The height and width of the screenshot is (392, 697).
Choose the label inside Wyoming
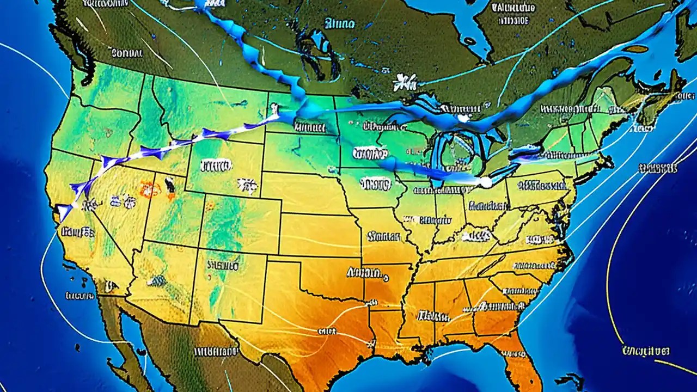(216, 165)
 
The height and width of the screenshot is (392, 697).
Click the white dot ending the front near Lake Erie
(484, 183)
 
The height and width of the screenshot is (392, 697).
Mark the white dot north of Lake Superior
(463, 118)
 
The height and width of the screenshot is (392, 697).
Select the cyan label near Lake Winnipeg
(340, 23)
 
